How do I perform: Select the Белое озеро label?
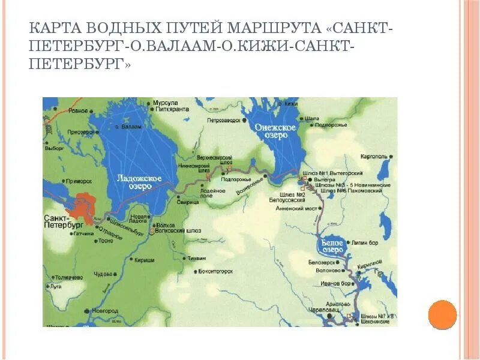[x=330, y=245]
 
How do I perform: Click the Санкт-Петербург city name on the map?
[x=63, y=220]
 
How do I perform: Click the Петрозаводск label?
[x=223, y=120]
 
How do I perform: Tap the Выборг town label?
[x=54, y=148]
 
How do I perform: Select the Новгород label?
[x=107, y=311]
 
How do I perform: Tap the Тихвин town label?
[x=196, y=259]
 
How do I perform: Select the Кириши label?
[x=145, y=260]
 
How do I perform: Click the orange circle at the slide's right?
[x=443, y=314]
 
